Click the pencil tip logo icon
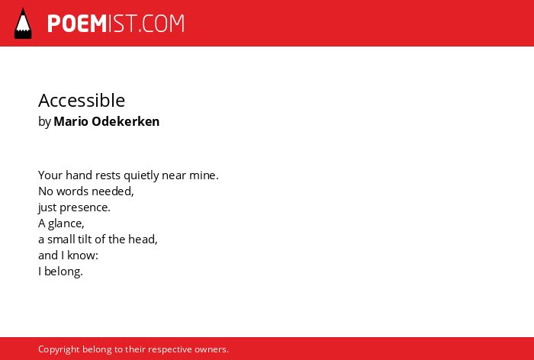click(23, 24)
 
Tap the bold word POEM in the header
click(77, 24)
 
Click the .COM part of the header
click(161, 24)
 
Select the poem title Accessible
click(82, 100)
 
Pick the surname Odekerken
click(126, 121)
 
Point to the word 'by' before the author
click(44, 122)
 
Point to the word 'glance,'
click(66, 223)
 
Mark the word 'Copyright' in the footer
click(59, 349)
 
